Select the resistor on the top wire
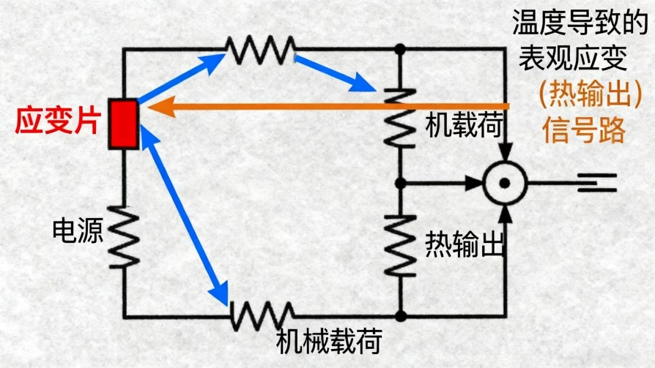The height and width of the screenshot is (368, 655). coord(260,49)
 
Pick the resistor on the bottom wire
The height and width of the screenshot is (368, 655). coord(262,316)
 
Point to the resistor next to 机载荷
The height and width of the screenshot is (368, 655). coord(400,117)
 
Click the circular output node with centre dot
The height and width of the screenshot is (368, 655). coord(505,182)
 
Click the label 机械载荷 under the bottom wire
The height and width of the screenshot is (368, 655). coord(329,341)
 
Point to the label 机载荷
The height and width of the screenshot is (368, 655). coord(463,126)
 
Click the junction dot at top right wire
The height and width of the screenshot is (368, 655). coord(400,49)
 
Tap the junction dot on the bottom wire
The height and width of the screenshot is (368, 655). coord(400,316)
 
